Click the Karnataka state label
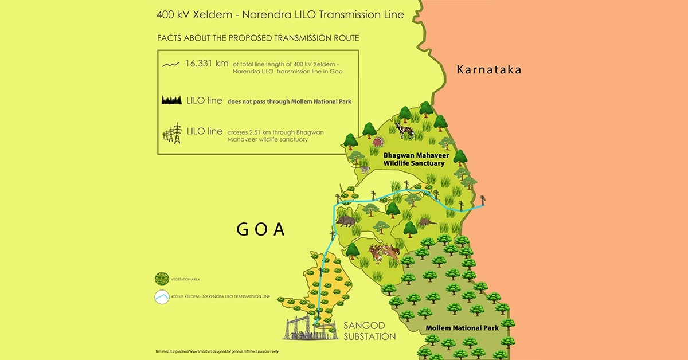click(x=488, y=70)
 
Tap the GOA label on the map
click(x=261, y=229)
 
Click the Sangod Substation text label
click(x=369, y=331)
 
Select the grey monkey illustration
click(x=363, y=169)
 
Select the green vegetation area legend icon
click(x=162, y=279)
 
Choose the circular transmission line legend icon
click(x=162, y=296)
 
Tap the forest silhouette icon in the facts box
click(x=173, y=101)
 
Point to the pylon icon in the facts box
click(x=173, y=133)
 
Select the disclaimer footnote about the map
click(x=217, y=351)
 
